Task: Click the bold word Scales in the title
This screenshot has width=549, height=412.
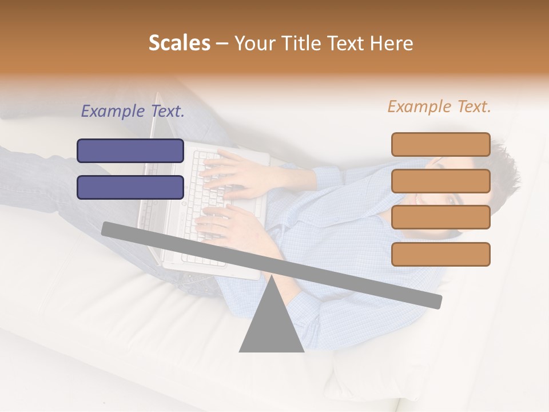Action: [x=179, y=43]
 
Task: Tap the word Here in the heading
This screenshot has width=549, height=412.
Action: [x=391, y=43]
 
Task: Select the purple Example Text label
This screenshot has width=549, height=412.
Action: [x=133, y=111]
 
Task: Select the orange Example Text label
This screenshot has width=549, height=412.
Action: [x=439, y=106]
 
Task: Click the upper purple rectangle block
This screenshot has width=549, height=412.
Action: [x=130, y=150]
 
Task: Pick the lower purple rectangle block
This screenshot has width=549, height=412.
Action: [x=130, y=187]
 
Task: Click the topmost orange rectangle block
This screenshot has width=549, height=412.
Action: [x=440, y=144]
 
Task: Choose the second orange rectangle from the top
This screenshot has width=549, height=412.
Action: [x=440, y=181]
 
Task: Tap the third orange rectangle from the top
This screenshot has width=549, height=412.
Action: [x=440, y=217]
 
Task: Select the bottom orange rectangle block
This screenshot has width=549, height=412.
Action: [x=440, y=254]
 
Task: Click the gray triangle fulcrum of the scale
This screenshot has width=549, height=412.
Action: [x=271, y=326]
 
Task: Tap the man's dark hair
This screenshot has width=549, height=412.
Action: [x=503, y=172]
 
